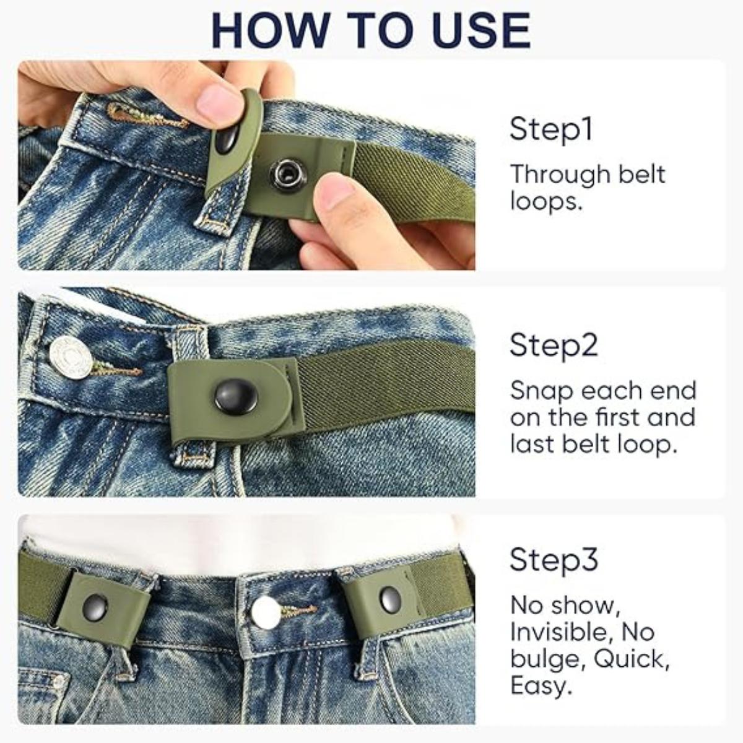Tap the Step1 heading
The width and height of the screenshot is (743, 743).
(551, 129)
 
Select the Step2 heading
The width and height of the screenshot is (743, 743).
(554, 345)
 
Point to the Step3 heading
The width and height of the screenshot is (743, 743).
(554, 560)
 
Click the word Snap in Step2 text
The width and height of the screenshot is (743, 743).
(537, 391)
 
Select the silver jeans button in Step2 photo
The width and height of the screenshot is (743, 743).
(71, 358)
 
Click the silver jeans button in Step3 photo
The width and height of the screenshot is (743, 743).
(266, 612)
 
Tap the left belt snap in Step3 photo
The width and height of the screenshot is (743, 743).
(95, 608)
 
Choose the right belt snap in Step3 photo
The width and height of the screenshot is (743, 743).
(390, 598)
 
